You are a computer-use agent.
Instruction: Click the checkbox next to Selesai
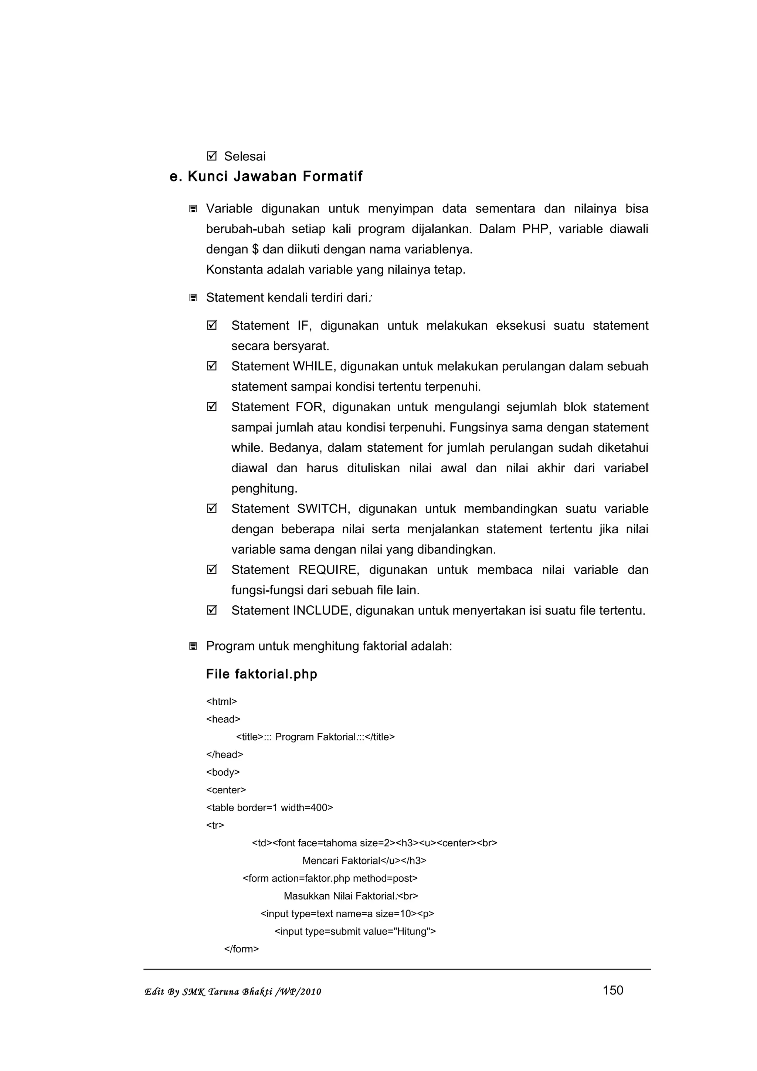[x=212, y=156]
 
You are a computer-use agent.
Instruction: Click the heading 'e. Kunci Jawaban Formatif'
[x=266, y=176]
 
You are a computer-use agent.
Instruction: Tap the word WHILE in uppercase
[x=313, y=366]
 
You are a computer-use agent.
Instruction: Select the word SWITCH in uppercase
[x=323, y=509]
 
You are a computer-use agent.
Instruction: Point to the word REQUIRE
[x=328, y=569]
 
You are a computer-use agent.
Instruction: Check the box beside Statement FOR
[x=212, y=407]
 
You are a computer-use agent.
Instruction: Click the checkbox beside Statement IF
[x=212, y=325]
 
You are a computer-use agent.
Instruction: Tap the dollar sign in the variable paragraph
[x=255, y=249]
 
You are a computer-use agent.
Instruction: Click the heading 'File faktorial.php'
[x=261, y=674]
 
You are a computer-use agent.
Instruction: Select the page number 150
[x=613, y=990]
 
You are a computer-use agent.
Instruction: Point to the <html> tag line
[x=221, y=701]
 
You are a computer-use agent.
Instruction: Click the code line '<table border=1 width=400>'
[x=269, y=807]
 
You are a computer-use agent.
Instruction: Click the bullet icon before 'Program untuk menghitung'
[x=193, y=646]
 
